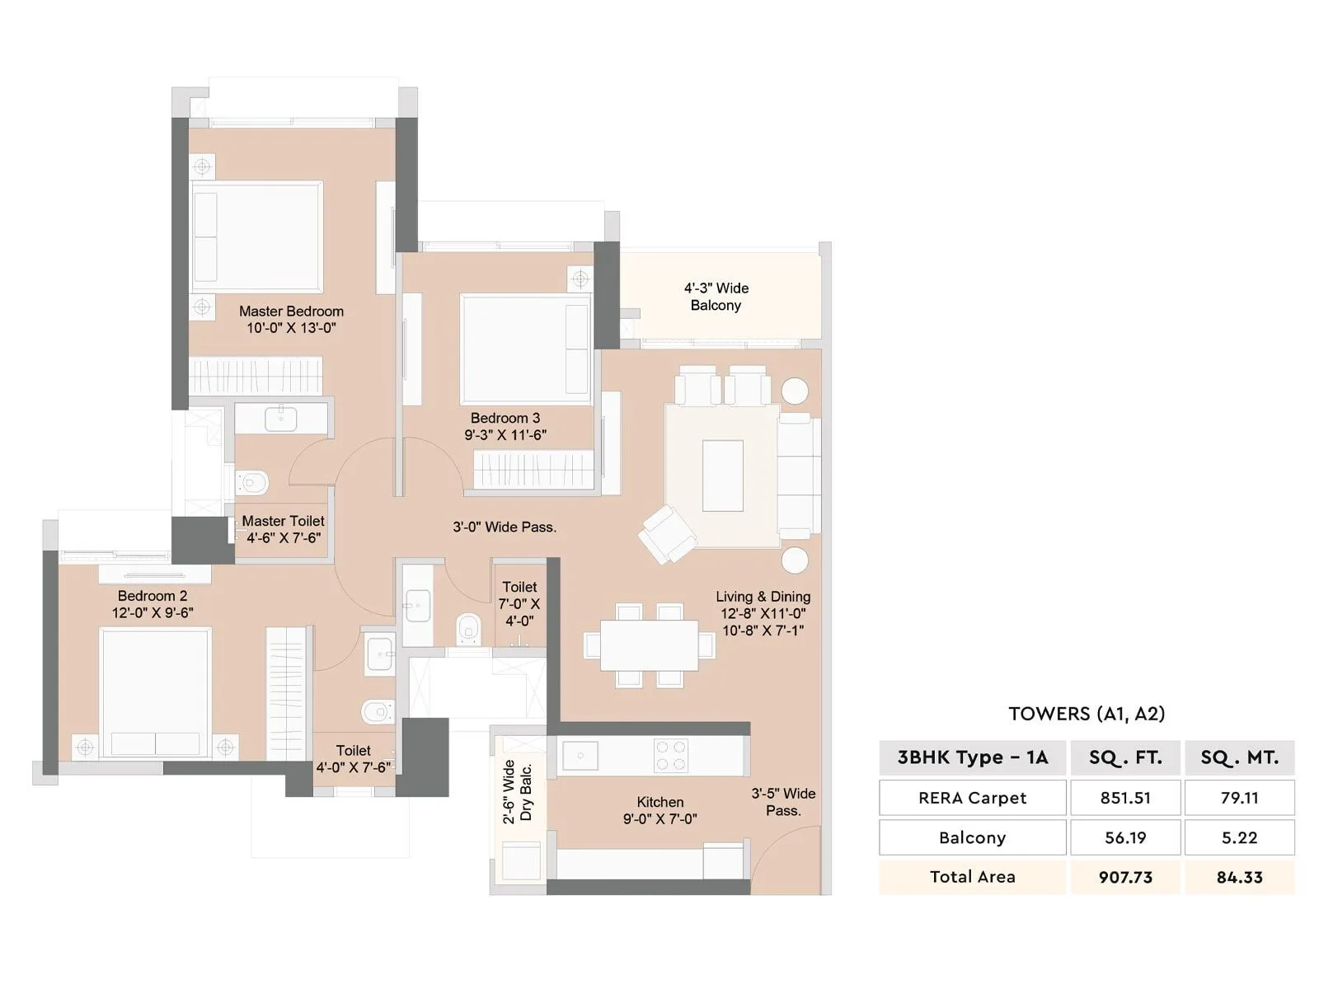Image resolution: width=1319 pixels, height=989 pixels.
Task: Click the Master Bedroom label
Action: pyautogui.click(x=291, y=312)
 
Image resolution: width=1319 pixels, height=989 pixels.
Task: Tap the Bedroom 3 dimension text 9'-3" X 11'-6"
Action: pyautogui.click(x=505, y=435)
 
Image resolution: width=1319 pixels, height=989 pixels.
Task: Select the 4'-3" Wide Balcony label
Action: pyautogui.click(x=716, y=297)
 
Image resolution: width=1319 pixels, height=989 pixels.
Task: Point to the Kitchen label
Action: pyautogui.click(x=659, y=802)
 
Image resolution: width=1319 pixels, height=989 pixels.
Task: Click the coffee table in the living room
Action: pyautogui.click(x=722, y=476)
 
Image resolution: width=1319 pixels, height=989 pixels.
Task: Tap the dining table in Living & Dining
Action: pyautogui.click(x=649, y=644)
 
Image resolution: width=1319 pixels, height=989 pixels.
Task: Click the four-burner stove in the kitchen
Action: pyautogui.click(x=671, y=755)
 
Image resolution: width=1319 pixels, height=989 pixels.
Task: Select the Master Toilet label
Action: pyautogui.click(x=283, y=521)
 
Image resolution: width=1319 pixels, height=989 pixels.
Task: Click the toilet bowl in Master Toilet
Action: pyautogui.click(x=254, y=482)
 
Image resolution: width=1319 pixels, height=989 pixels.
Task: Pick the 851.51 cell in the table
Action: pyautogui.click(x=1125, y=798)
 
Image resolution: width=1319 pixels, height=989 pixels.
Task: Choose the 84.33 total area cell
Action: pyautogui.click(x=1239, y=877)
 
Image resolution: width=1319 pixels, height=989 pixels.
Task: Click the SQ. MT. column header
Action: pyautogui.click(x=1239, y=757)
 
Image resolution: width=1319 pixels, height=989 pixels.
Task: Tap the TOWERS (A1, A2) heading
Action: pyautogui.click(x=1087, y=714)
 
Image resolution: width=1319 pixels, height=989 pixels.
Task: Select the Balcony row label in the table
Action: pyautogui.click(x=972, y=837)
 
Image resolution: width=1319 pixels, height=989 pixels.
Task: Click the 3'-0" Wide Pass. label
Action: pyautogui.click(x=505, y=527)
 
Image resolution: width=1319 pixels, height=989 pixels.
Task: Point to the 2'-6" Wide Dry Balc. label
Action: pyautogui.click(x=518, y=792)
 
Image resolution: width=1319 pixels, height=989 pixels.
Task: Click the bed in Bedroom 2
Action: pyautogui.click(x=155, y=692)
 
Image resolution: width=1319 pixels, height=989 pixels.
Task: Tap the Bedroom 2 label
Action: pyautogui.click(x=153, y=596)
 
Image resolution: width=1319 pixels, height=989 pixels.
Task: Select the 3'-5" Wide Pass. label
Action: pyautogui.click(x=782, y=802)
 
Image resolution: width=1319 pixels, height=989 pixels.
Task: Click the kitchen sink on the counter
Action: pyautogui.click(x=580, y=755)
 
